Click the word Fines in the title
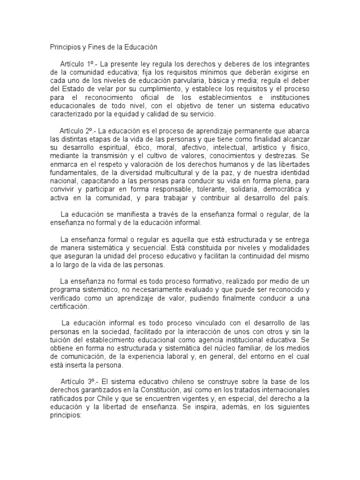(97, 47)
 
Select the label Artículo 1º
(78, 63)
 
